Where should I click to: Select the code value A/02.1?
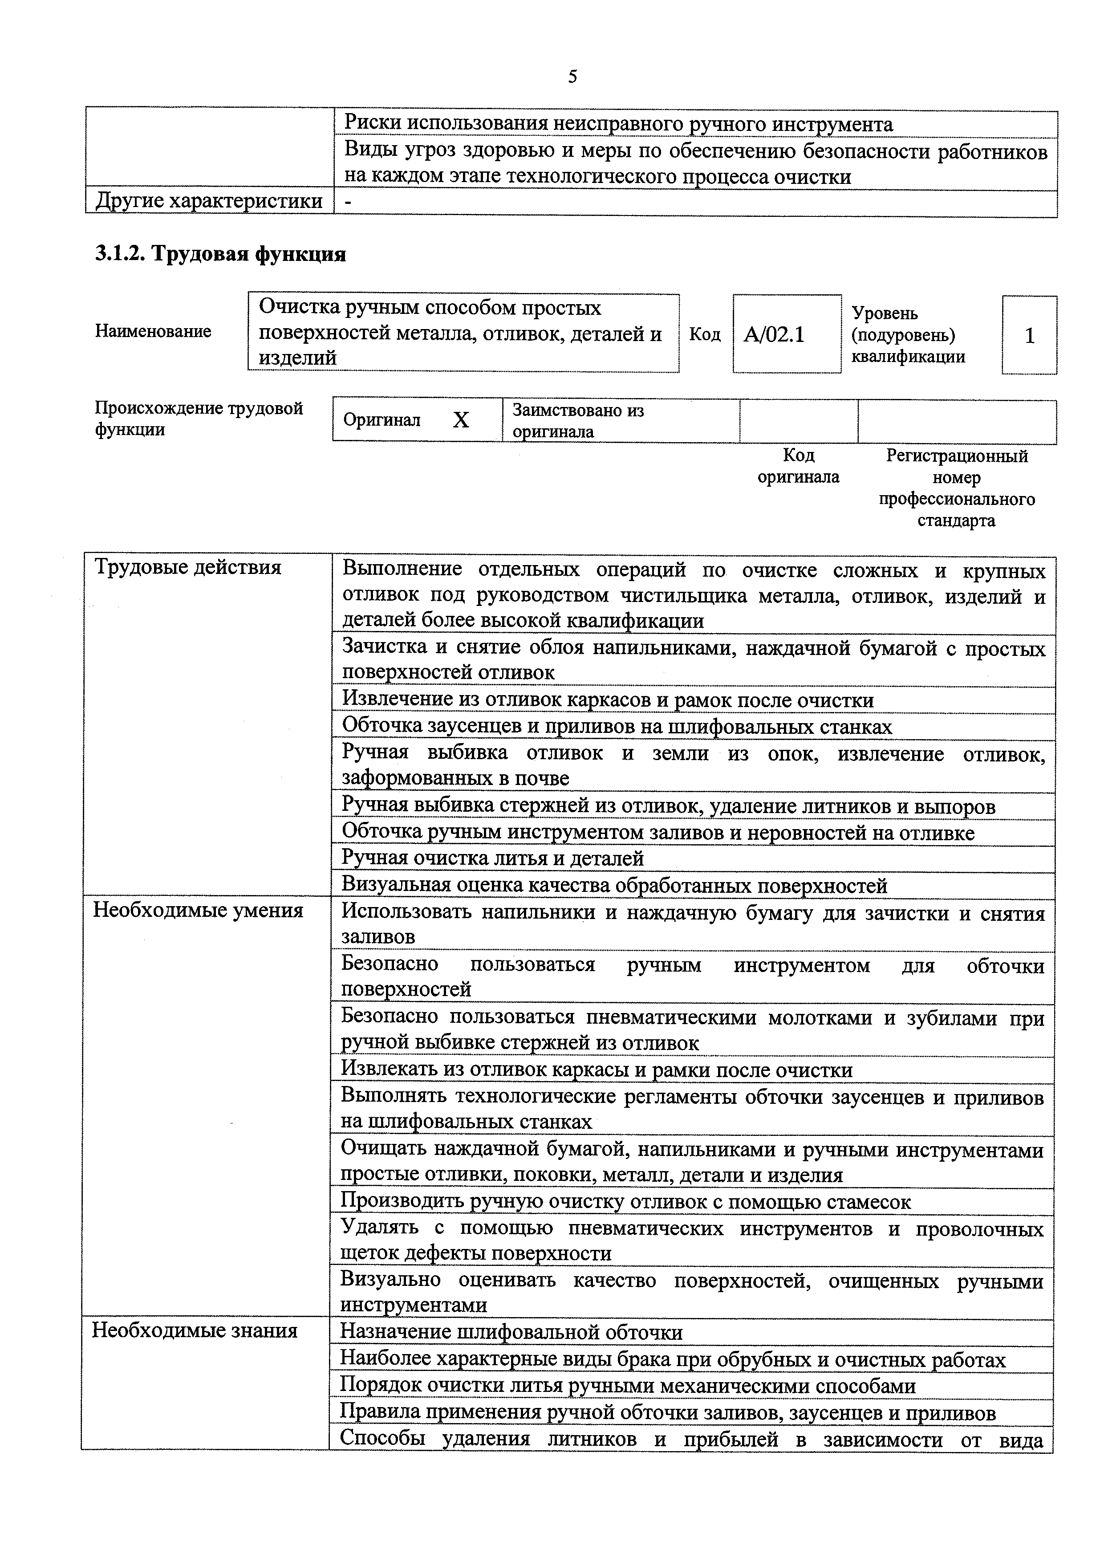[x=774, y=335]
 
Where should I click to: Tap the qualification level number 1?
[x=1029, y=335]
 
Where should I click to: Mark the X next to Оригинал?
[x=461, y=420]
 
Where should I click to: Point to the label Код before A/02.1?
[x=705, y=334]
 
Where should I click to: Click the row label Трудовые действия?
[x=188, y=567]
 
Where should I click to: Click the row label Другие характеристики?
[x=209, y=201]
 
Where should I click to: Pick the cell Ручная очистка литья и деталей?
[x=492, y=858]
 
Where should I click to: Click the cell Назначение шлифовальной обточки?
[x=511, y=1331]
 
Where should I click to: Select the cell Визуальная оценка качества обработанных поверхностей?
[x=614, y=885]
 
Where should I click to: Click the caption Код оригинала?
[x=799, y=466]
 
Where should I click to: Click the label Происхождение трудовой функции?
[x=199, y=419]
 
